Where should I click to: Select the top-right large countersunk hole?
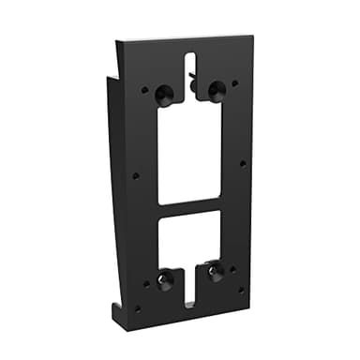coord(216,91)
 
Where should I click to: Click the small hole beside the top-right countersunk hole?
coord(234,83)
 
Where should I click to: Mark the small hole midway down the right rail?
coord(243,163)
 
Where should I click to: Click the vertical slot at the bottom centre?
coord(190,287)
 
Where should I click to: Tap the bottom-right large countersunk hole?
coord(216,274)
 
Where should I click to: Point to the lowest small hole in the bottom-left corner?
coord(138,307)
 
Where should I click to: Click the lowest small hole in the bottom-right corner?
coord(241,291)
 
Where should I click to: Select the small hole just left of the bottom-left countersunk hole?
coord(145,283)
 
